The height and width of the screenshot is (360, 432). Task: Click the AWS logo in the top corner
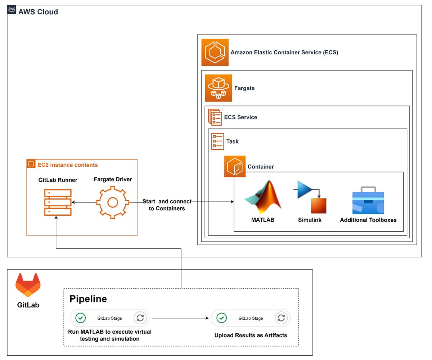[x=12, y=10]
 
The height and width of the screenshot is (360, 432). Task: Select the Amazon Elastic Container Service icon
[x=215, y=53]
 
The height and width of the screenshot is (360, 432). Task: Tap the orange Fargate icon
[x=219, y=88]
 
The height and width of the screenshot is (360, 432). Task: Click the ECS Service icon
[x=215, y=117]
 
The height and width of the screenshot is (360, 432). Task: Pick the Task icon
[x=217, y=141]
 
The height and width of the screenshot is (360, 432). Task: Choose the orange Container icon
[x=235, y=166]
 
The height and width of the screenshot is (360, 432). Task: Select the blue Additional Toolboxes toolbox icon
[x=368, y=201]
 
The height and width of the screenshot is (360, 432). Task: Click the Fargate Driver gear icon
[x=113, y=202]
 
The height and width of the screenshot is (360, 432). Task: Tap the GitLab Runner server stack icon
[x=58, y=202]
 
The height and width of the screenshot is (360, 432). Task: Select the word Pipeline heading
[x=88, y=299]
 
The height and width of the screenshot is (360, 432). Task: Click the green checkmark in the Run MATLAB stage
[x=81, y=318]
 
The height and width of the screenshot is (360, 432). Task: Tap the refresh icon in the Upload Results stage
[x=281, y=318]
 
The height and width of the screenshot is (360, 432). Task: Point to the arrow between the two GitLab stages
[x=180, y=318]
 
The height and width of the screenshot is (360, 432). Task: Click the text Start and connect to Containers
[x=167, y=205]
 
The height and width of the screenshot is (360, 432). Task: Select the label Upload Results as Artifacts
[x=251, y=336]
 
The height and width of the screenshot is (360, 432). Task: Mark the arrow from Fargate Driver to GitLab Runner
[x=84, y=202]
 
